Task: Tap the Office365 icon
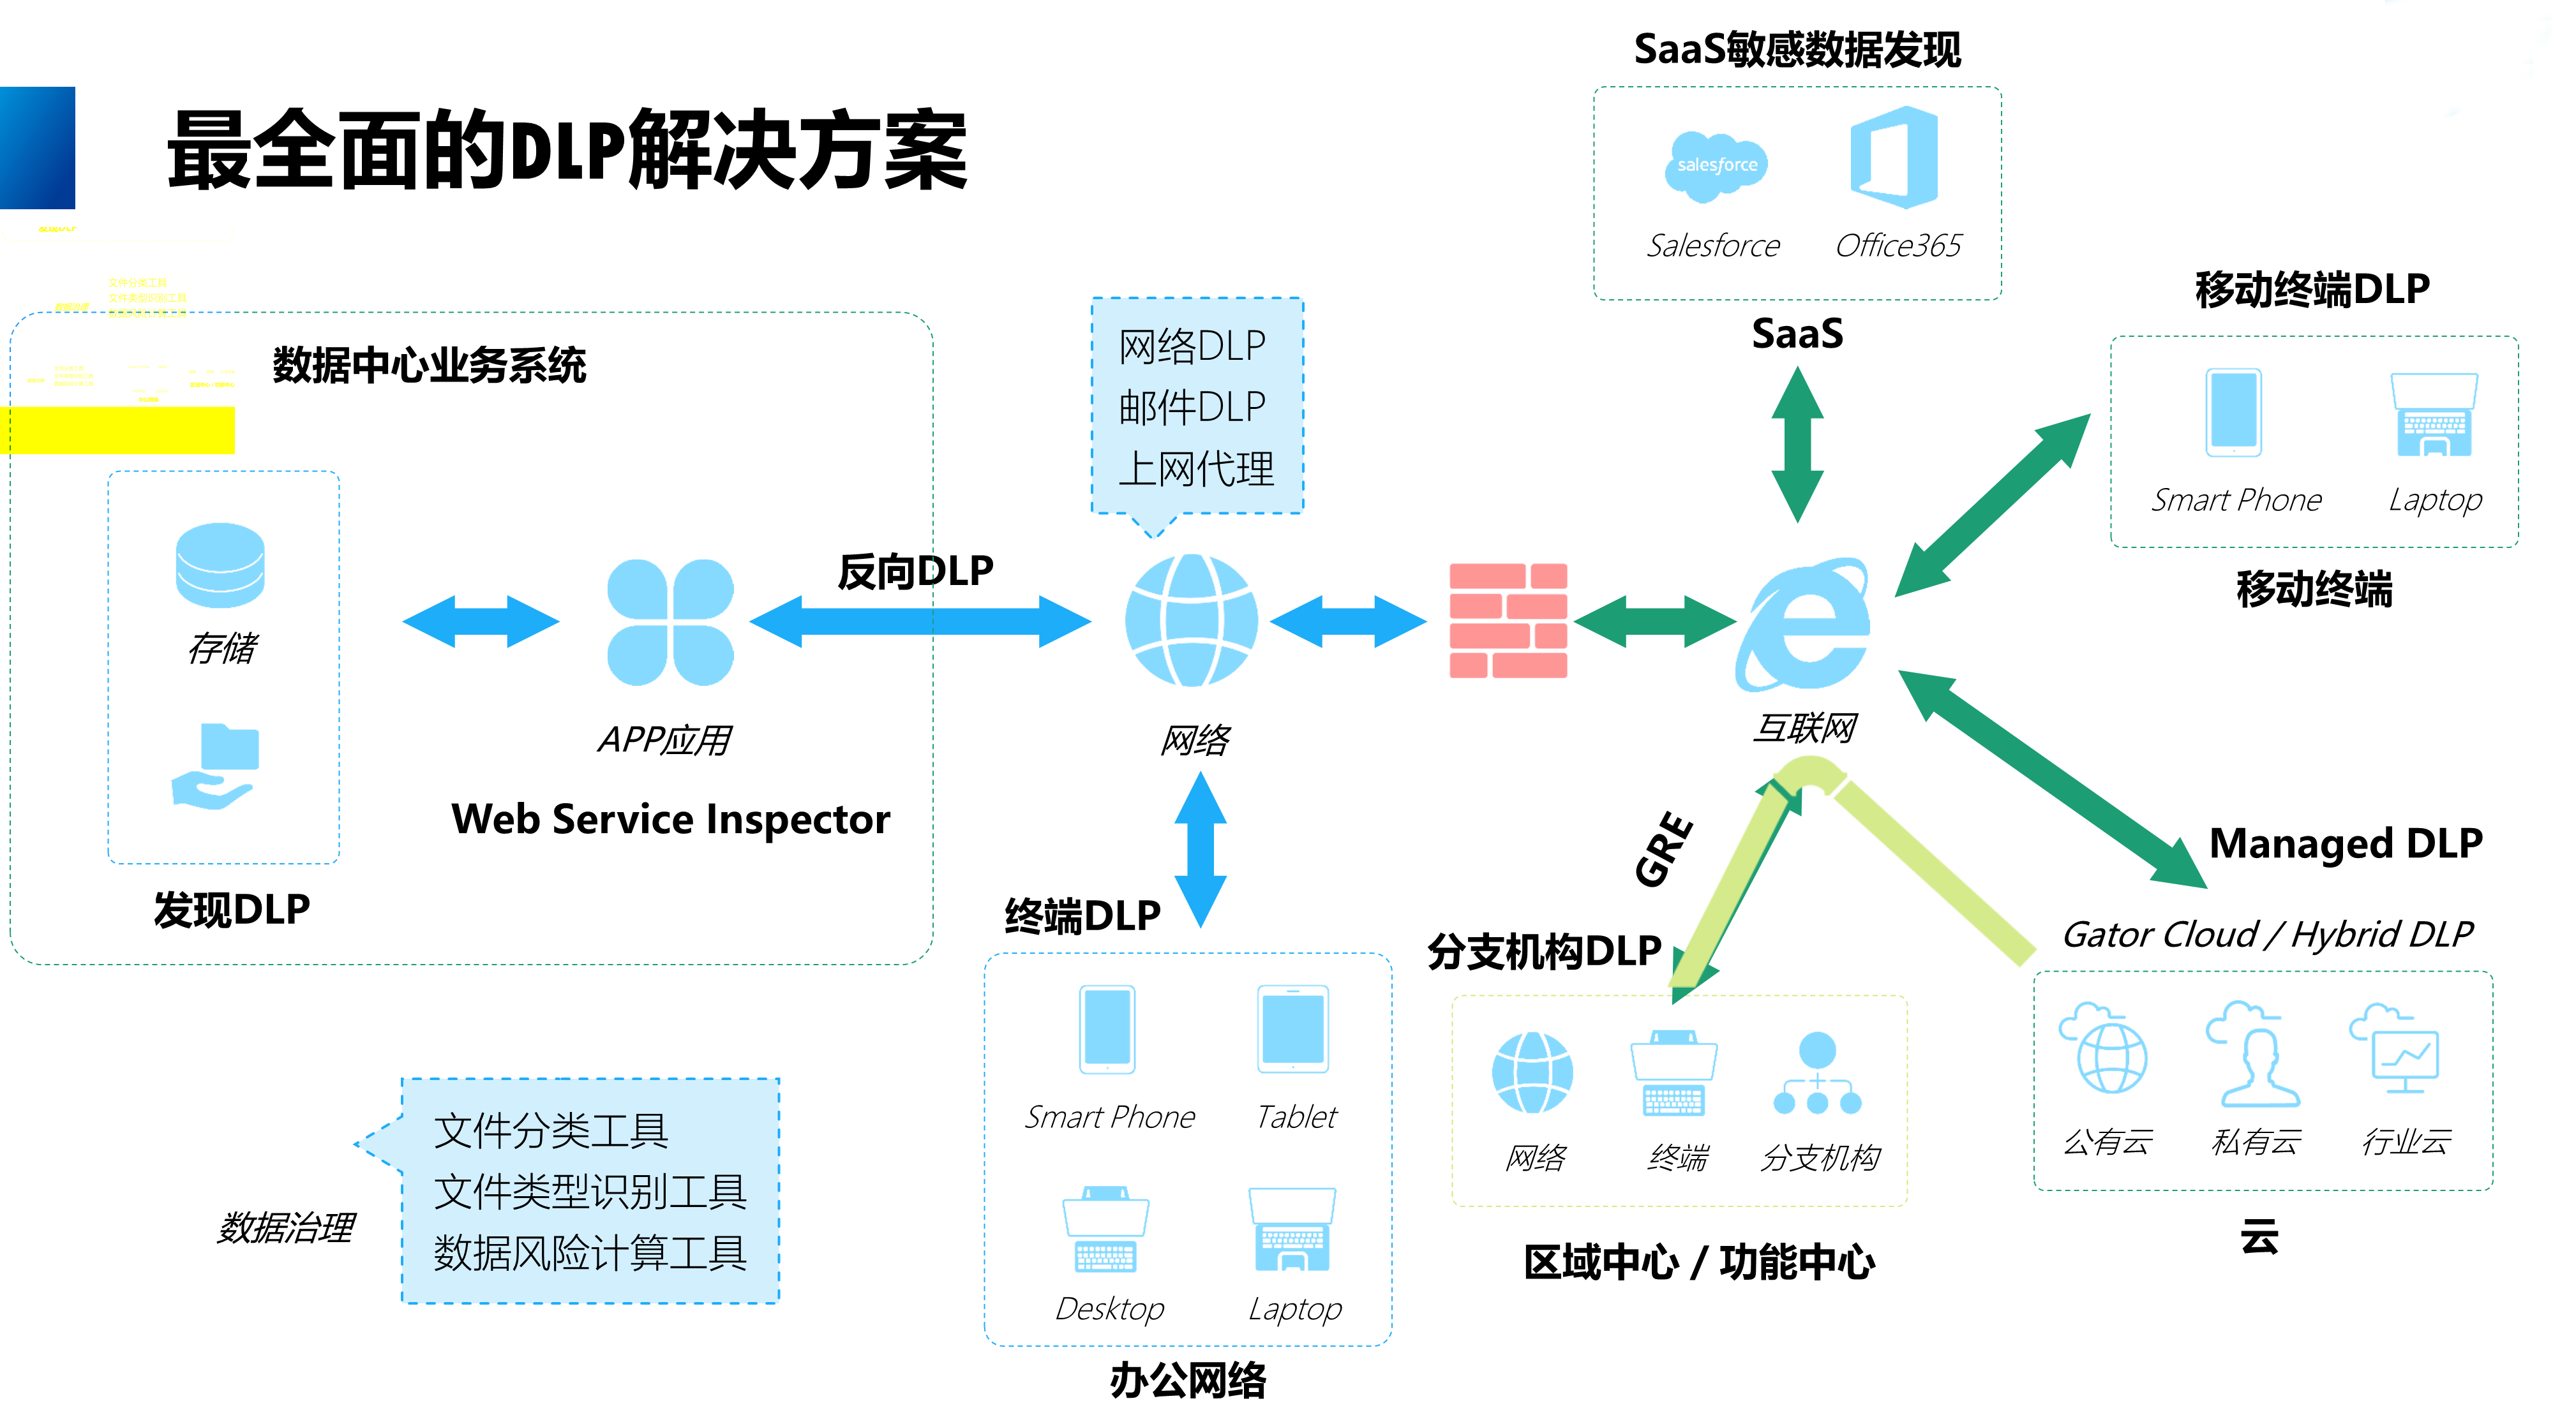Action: [1894, 159]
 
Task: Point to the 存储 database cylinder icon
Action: [220, 565]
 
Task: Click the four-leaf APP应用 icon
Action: [670, 622]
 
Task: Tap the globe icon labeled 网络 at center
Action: [1191, 620]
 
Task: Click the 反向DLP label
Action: [915, 572]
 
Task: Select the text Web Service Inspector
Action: [670, 820]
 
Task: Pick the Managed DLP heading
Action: [2345, 844]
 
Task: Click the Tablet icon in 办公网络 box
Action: [1292, 1030]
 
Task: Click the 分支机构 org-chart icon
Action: [1816, 1074]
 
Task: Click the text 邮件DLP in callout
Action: [1192, 407]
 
